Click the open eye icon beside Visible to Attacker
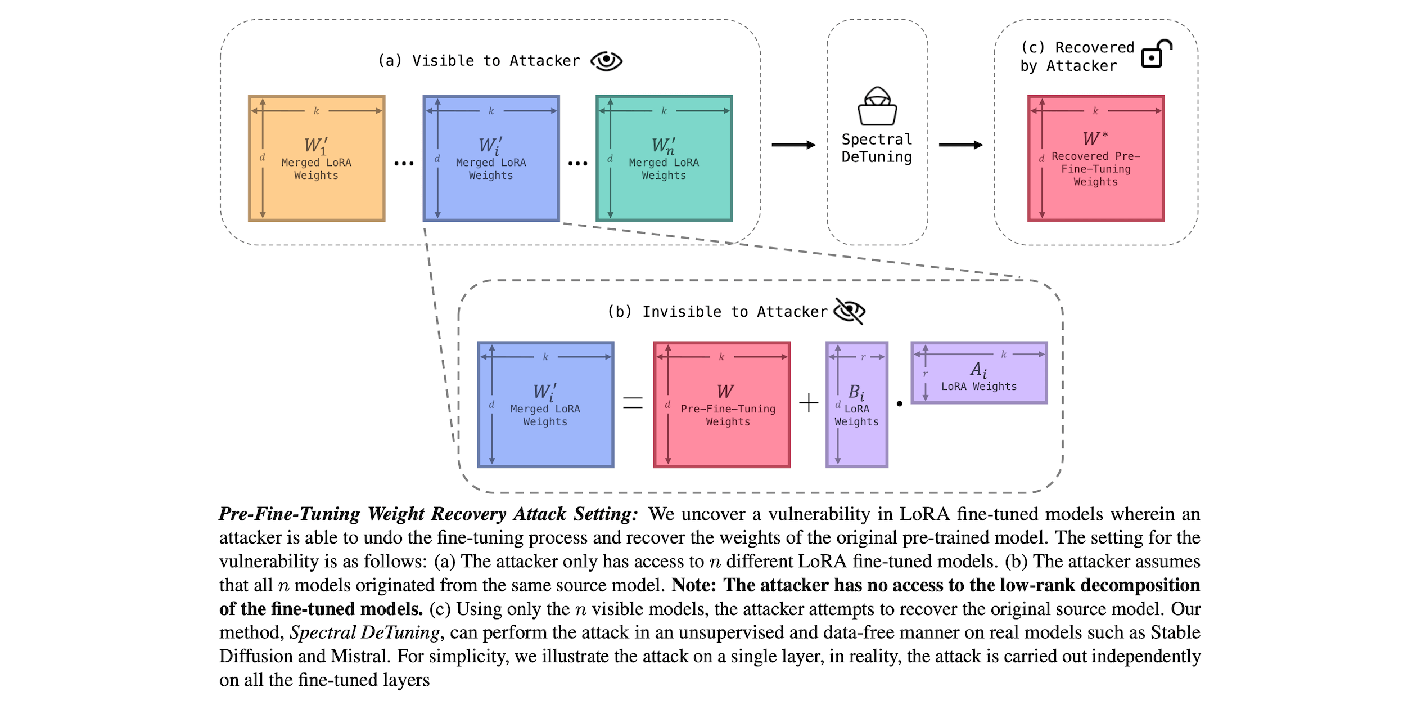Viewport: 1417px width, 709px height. tap(606, 61)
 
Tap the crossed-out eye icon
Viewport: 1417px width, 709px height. tap(849, 311)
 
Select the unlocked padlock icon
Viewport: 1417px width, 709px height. tap(1156, 54)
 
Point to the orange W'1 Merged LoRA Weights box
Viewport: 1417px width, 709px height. tap(317, 158)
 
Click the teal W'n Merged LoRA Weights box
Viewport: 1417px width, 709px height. tap(664, 158)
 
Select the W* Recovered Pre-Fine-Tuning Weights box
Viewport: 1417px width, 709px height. tap(1095, 158)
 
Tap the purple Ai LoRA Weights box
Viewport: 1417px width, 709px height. tap(979, 373)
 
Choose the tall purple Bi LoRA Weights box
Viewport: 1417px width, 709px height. tap(856, 404)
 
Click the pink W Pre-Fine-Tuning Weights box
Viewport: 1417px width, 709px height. tap(722, 404)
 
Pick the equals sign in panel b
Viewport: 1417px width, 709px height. tap(633, 403)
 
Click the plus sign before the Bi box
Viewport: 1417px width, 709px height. tap(809, 403)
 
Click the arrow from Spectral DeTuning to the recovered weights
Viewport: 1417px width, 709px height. tap(960, 145)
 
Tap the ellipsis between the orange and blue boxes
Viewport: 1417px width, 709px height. tap(404, 164)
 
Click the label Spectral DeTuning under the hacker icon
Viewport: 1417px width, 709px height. tap(877, 148)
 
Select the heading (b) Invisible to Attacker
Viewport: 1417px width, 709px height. tap(717, 312)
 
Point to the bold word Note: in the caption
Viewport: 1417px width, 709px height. tap(694, 585)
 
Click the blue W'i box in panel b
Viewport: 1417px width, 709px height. tap(545, 404)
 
